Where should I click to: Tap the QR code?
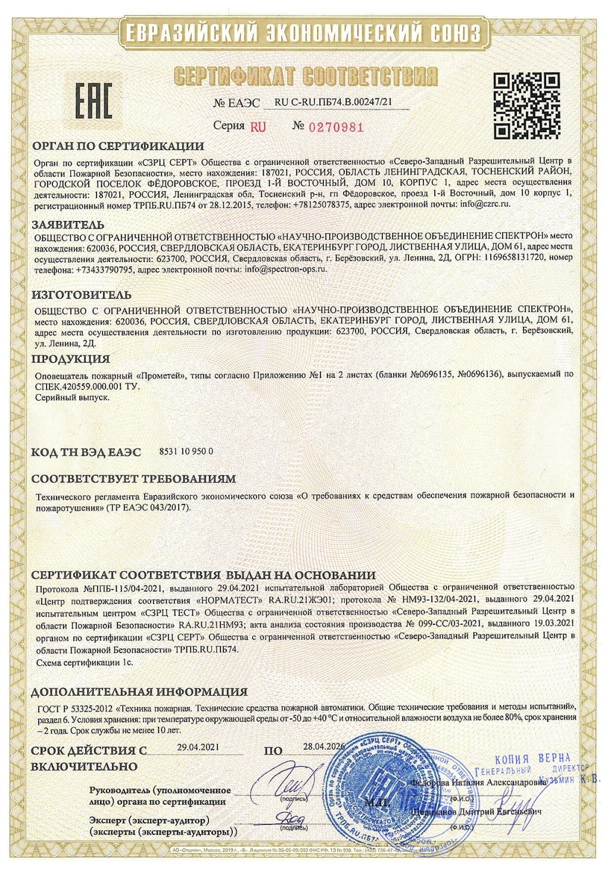[531, 105]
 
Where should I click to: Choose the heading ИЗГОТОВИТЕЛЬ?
[81, 294]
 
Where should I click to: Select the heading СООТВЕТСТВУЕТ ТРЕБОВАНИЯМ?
[134, 478]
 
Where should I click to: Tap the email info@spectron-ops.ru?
[287, 270]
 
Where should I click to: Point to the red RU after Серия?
[258, 127]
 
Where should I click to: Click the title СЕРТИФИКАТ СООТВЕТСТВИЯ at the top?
[305, 76]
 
